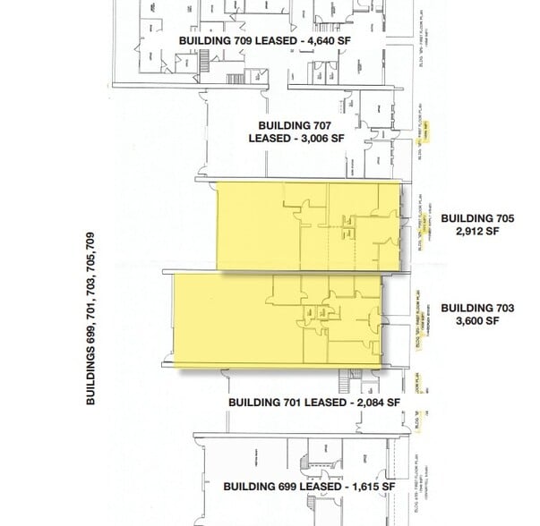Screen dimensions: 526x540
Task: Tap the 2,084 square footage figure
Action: tap(373, 403)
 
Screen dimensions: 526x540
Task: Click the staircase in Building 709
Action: tap(204, 64)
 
